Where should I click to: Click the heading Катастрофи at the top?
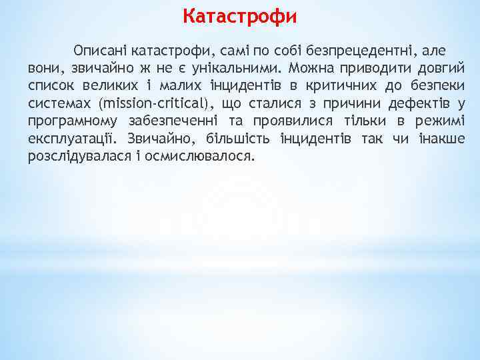[240, 15]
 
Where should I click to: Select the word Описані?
[101, 51]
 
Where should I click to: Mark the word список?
[51, 87]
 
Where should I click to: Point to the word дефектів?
[418, 105]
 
